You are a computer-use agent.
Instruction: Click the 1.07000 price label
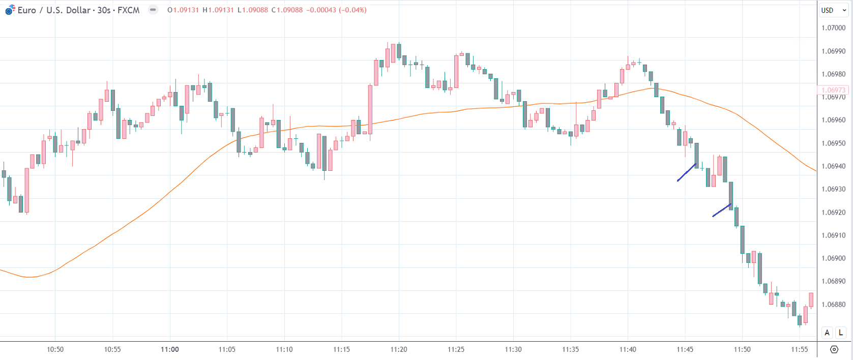(x=833, y=28)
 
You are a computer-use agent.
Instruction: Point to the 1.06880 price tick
(x=833, y=305)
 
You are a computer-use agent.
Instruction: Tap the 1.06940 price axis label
(x=833, y=166)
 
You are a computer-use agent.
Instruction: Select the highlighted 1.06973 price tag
(x=833, y=90)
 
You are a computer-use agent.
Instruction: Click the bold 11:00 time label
(x=170, y=349)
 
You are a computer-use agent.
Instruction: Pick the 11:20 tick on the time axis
(x=399, y=349)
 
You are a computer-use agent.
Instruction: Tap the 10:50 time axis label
(x=55, y=349)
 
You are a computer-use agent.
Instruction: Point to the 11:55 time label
(x=799, y=349)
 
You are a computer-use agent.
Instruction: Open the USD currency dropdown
(x=834, y=10)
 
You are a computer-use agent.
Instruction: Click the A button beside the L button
(x=827, y=333)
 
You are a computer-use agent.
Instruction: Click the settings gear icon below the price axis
(x=834, y=349)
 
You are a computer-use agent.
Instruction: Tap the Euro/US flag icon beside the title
(x=10, y=10)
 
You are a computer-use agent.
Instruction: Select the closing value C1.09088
(x=287, y=10)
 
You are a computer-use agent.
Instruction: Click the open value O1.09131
(x=183, y=10)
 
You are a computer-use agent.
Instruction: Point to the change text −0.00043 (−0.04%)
(x=336, y=10)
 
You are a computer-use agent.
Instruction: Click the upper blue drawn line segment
(x=687, y=172)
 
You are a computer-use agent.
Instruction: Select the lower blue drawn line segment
(x=722, y=211)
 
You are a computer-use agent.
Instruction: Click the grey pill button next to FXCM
(x=153, y=10)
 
